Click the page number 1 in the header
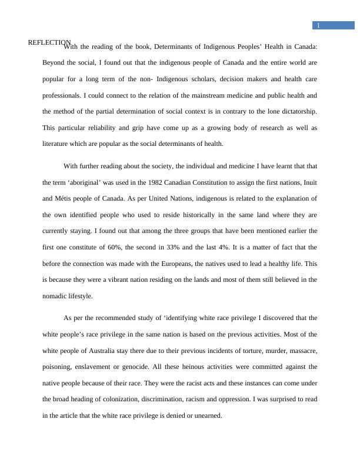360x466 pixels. coord(318,26)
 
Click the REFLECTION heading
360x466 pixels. coord(49,42)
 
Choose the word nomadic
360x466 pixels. coord(58,296)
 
